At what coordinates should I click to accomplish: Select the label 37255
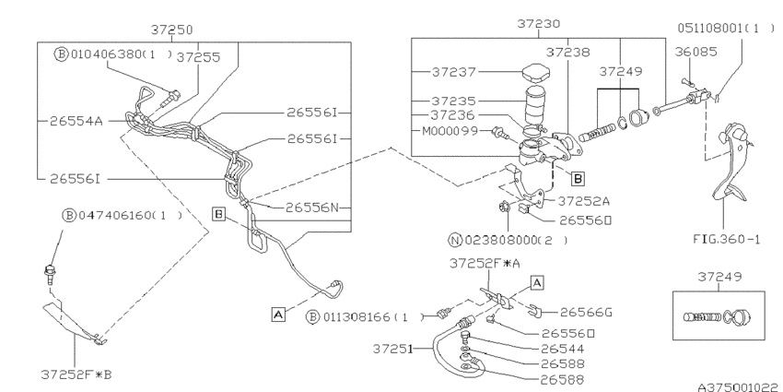coord(200,56)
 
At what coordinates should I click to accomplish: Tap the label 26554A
coord(71,119)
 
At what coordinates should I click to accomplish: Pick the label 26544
coord(564,349)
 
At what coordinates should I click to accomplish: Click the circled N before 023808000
coord(454,239)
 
